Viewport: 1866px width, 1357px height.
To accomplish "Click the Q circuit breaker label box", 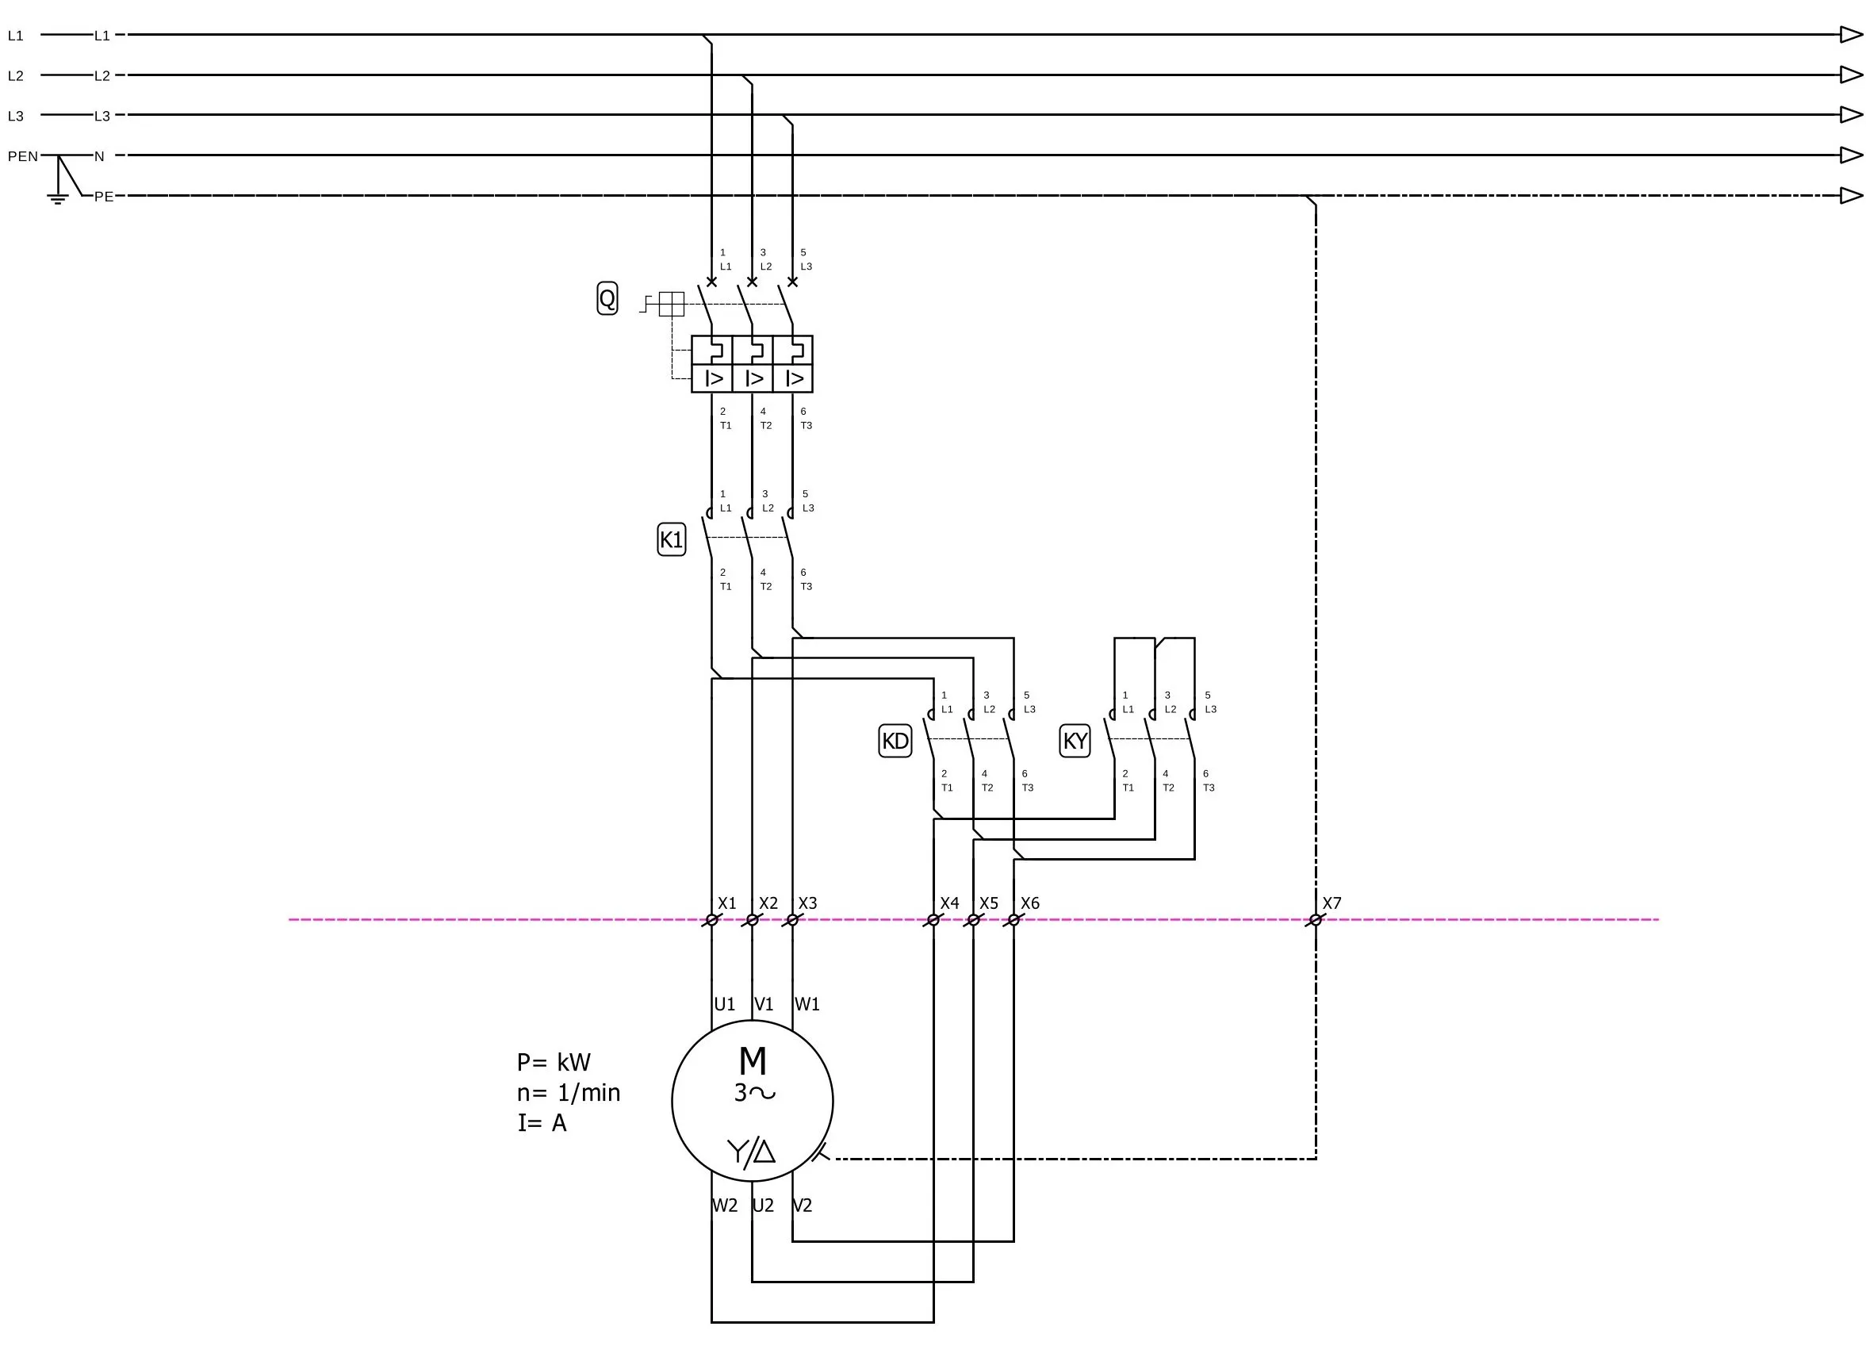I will click(607, 299).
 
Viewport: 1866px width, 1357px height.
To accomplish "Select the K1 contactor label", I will click(672, 540).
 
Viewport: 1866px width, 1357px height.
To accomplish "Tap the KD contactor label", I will click(895, 742).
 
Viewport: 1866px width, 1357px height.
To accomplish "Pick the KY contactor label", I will click(1075, 742).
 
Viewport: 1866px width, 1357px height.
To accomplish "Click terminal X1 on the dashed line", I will click(711, 920).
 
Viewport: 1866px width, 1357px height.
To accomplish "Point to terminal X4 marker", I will click(933, 920).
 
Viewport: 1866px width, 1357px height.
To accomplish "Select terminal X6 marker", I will click(1013, 920).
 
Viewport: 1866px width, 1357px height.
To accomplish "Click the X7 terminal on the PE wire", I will click(1315, 920).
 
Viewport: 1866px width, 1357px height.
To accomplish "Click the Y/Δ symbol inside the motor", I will click(751, 1152).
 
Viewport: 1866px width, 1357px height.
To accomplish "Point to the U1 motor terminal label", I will click(724, 1005).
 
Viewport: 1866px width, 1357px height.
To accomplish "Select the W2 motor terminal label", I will click(724, 1206).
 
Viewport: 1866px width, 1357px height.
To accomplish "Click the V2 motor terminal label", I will click(803, 1206).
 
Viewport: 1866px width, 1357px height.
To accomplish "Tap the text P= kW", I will click(554, 1064).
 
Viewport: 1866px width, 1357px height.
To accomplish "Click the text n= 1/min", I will click(569, 1094).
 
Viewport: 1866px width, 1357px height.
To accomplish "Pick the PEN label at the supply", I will click(23, 156).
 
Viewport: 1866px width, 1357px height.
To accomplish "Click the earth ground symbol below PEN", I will click(58, 197).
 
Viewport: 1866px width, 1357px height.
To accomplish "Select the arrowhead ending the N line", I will click(1851, 155).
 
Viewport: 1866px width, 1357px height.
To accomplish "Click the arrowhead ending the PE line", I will click(1851, 196).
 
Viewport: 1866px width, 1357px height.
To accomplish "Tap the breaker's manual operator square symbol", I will click(672, 305).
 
